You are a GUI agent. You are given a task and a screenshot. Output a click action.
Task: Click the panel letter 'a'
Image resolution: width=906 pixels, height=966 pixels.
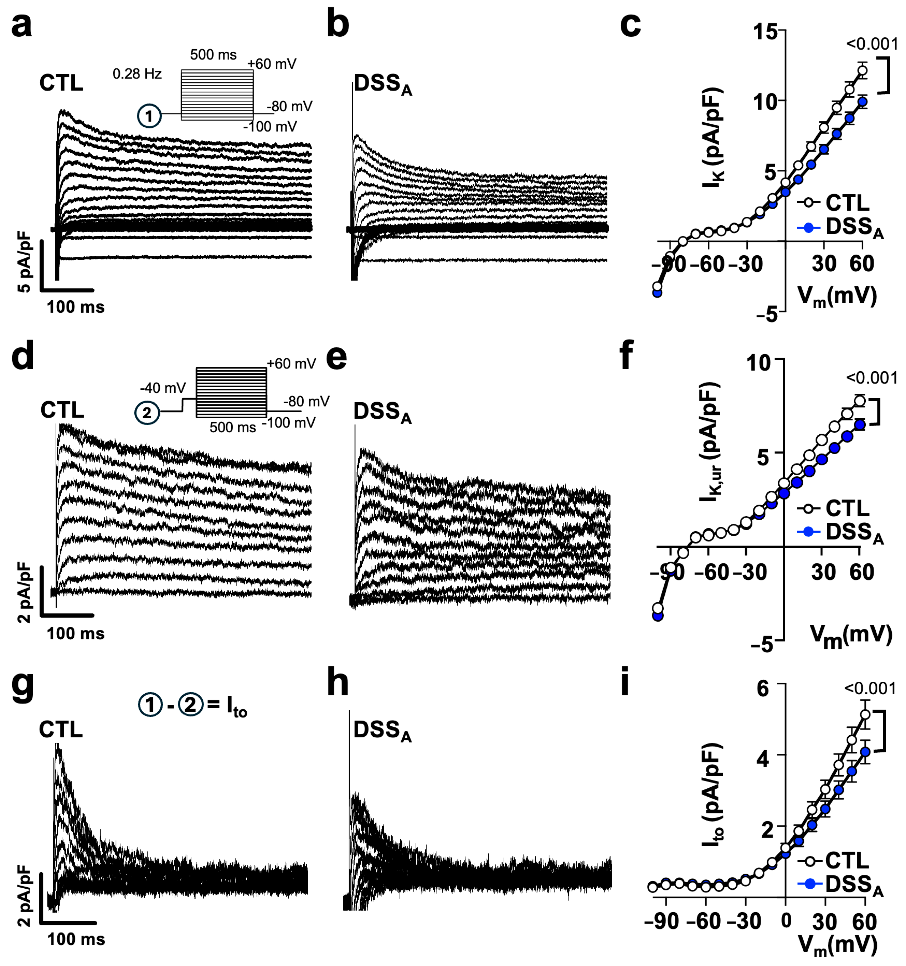tap(21, 25)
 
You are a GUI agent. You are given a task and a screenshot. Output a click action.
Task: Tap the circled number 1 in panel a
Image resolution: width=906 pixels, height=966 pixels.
tap(149, 116)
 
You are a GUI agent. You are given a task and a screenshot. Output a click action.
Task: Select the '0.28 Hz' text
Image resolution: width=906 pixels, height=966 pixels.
tap(137, 74)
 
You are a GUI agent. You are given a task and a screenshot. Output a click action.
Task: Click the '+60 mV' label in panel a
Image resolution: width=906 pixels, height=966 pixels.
tap(272, 64)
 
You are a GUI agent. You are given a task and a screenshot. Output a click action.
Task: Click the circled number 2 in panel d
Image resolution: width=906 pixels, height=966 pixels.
tap(147, 413)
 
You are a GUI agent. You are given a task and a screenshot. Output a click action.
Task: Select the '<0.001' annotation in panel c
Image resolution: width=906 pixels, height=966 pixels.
tap(872, 44)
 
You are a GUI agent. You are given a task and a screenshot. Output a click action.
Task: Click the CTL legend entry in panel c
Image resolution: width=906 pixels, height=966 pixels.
tap(845, 203)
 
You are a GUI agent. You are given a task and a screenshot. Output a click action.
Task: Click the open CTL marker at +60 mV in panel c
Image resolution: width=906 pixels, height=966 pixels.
tap(862, 71)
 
